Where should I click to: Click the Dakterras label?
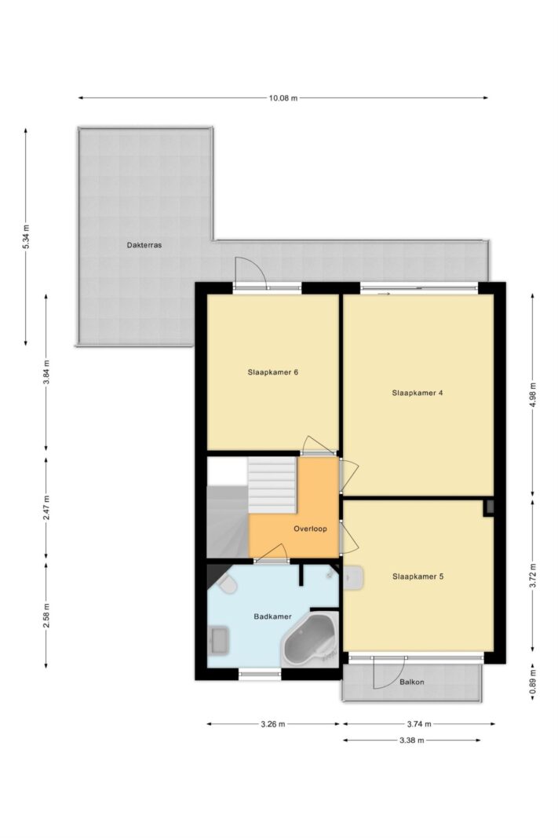(144, 245)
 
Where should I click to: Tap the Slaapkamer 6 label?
(273, 372)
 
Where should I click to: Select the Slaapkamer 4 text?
(418, 393)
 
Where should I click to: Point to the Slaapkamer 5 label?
(418, 576)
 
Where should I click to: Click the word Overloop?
(310, 529)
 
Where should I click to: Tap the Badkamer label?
(273, 617)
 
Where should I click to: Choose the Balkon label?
(412, 682)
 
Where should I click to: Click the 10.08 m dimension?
(283, 98)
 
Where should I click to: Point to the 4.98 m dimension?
(532, 395)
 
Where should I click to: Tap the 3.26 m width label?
(273, 724)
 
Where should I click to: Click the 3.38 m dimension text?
(411, 740)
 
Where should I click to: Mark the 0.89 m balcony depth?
(532, 682)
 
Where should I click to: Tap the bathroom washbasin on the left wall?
(220, 640)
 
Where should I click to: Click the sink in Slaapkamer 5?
(353, 577)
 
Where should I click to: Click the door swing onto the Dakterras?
(251, 270)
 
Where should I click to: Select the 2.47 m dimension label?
(46, 508)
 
